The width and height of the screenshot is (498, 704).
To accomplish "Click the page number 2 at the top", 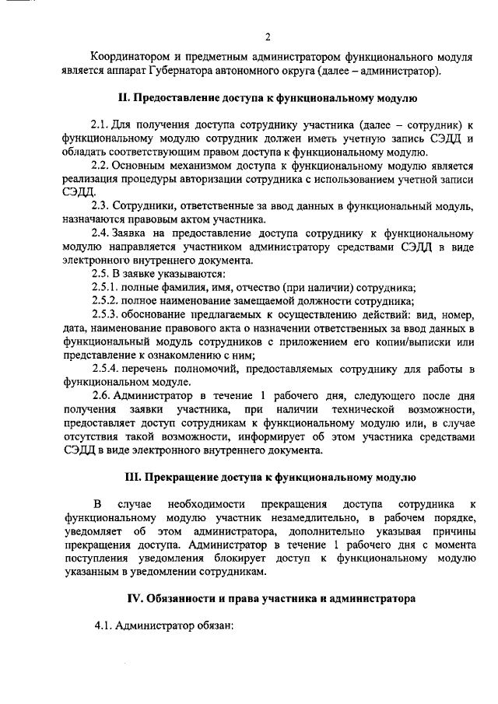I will click(x=267, y=36).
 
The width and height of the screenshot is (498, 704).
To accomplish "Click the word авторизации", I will click(x=243, y=181).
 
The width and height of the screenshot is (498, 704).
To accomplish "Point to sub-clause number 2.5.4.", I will click(x=104, y=368).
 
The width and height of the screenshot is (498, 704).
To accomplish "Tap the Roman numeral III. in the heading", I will click(x=135, y=477).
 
